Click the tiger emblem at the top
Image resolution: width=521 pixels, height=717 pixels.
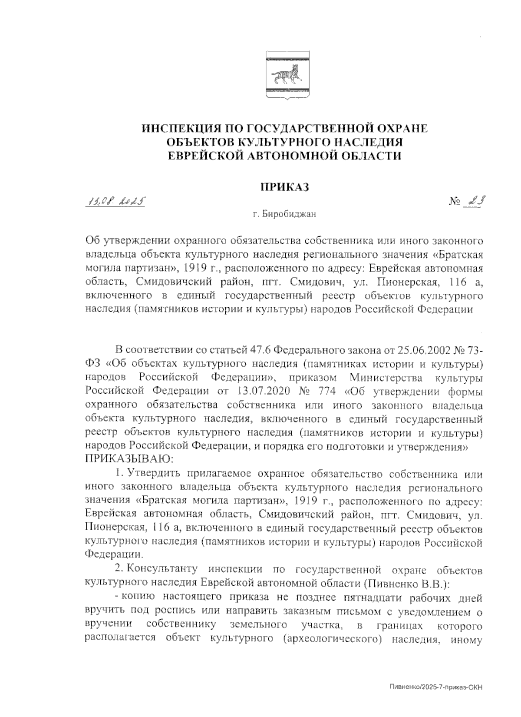(x=287, y=76)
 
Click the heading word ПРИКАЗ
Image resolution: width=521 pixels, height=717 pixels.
(x=284, y=187)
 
